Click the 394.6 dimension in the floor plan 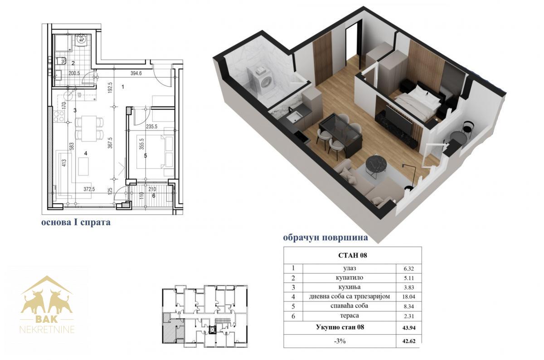click(136, 73)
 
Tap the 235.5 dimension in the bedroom click(151, 126)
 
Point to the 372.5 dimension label click(89, 189)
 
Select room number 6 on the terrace click(154, 195)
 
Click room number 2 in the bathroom click(73, 63)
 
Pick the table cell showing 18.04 click(409, 297)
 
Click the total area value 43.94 click(409, 328)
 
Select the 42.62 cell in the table click(409, 341)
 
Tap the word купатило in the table click(350, 278)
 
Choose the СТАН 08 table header click(352, 256)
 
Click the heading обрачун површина click(325, 237)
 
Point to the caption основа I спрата click(76, 222)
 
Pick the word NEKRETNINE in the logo click(47, 330)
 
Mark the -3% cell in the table click(340, 341)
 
